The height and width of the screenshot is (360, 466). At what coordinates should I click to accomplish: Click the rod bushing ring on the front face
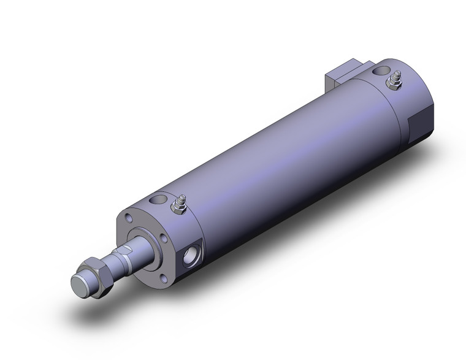pos(147,242)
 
